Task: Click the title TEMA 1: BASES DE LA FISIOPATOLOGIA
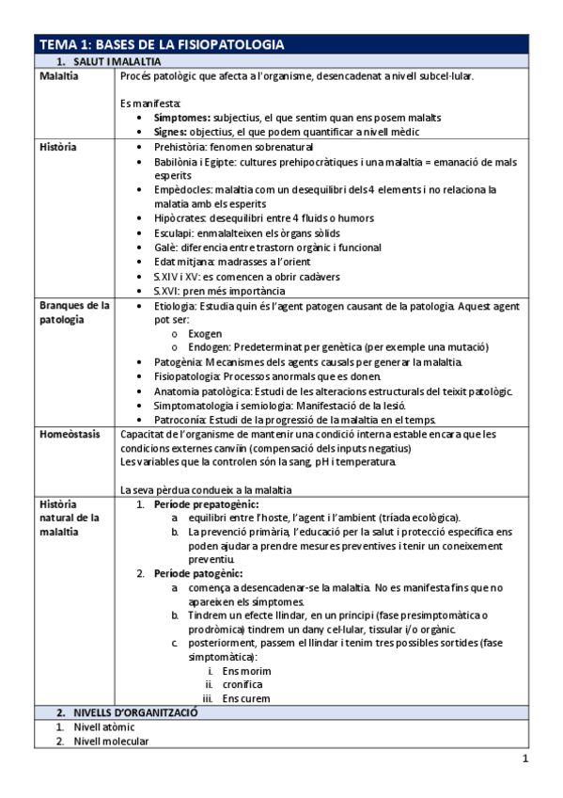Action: coord(160,44)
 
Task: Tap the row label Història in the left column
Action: coord(58,147)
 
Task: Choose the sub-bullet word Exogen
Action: coord(205,333)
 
